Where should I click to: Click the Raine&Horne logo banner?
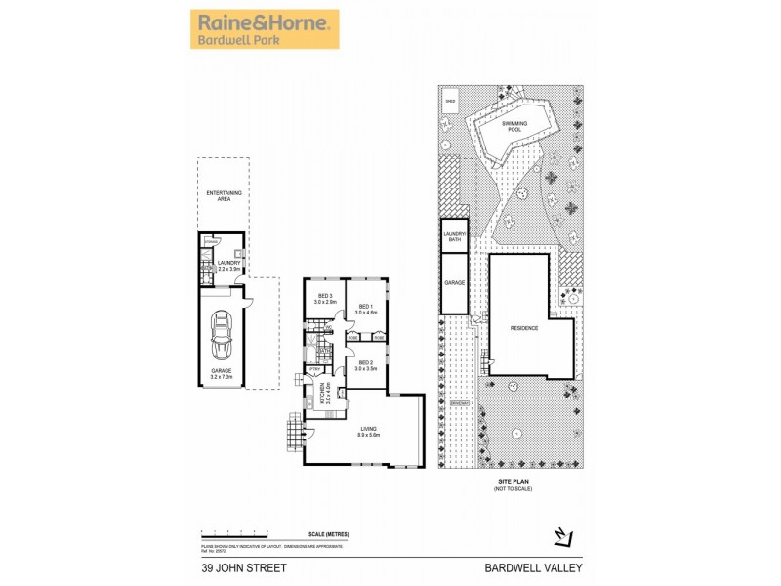point(264,29)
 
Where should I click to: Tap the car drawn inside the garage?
point(223,332)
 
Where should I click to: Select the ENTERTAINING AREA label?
point(224,196)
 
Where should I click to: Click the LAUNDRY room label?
point(228,264)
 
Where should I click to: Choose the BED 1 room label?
point(367,310)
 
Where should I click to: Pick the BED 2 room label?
point(366,366)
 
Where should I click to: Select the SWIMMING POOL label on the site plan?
point(514,127)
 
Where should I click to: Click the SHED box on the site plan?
point(451,99)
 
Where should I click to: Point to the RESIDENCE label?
point(524,328)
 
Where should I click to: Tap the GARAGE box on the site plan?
point(453,283)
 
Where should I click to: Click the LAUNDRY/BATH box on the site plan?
point(453,235)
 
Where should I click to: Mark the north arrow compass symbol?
point(561,534)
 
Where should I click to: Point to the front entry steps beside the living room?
point(293,431)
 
